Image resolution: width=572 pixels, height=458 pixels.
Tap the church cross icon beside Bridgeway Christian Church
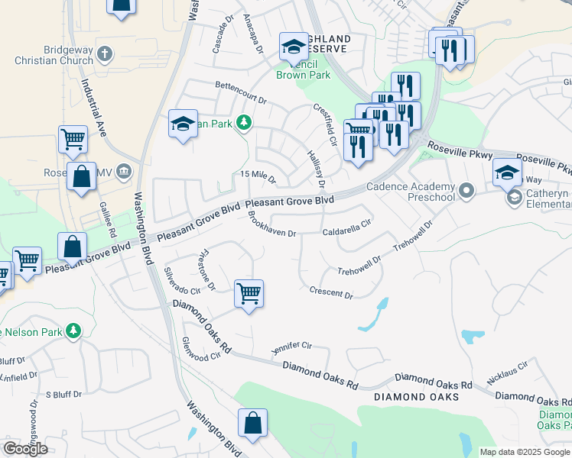106,54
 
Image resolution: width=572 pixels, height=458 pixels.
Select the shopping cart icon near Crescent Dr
249,292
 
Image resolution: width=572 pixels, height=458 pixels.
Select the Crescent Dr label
331,292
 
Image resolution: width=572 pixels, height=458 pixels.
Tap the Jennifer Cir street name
293,348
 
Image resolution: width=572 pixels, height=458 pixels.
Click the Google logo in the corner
25,448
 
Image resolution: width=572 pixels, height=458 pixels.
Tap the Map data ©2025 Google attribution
525,452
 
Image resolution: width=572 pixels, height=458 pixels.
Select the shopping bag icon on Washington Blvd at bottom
252,423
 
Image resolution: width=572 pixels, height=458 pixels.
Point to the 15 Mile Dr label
258,177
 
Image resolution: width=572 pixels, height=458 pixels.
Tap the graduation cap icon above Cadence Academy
507,171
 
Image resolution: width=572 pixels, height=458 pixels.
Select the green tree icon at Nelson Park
73,331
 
